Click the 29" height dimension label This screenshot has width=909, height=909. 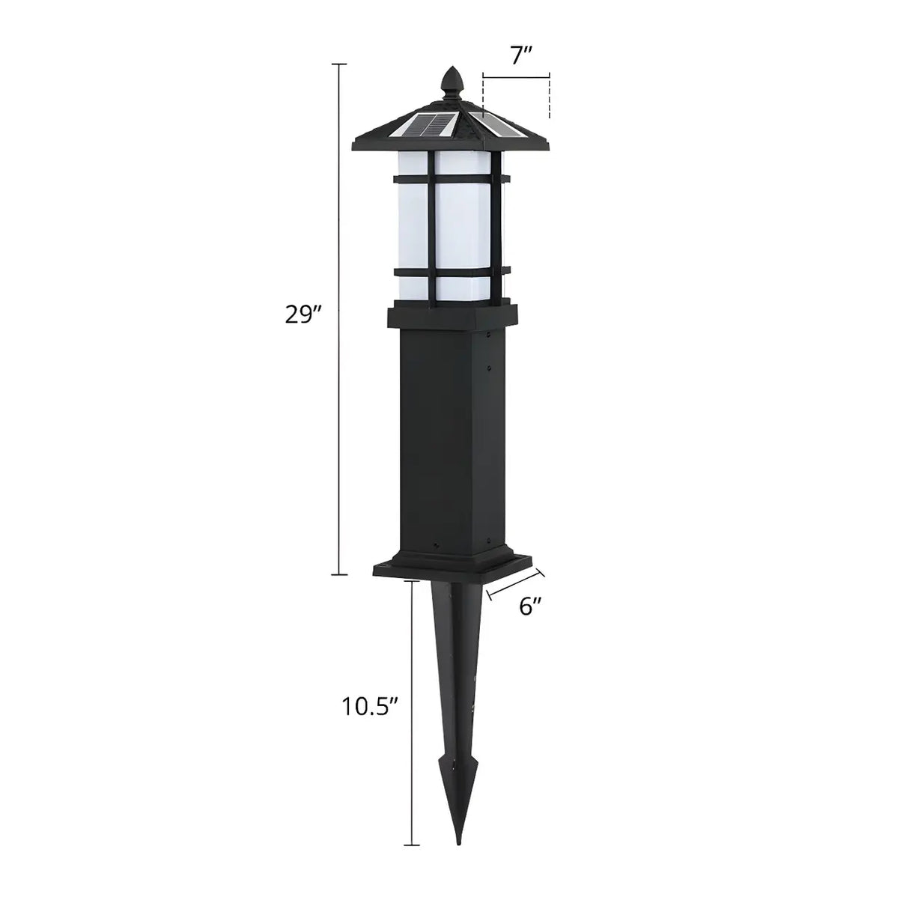click(303, 314)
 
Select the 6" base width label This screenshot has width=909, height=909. click(531, 606)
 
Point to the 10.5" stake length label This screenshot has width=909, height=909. click(371, 706)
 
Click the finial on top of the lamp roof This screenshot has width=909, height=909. click(451, 80)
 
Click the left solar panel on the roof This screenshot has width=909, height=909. click(428, 124)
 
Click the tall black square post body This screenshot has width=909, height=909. click(447, 442)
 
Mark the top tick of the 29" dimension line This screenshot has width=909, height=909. click(339, 65)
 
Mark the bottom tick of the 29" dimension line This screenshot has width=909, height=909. click(339, 574)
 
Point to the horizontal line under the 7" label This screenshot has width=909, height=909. click(517, 76)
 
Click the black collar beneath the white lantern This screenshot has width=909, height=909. click(452, 316)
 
